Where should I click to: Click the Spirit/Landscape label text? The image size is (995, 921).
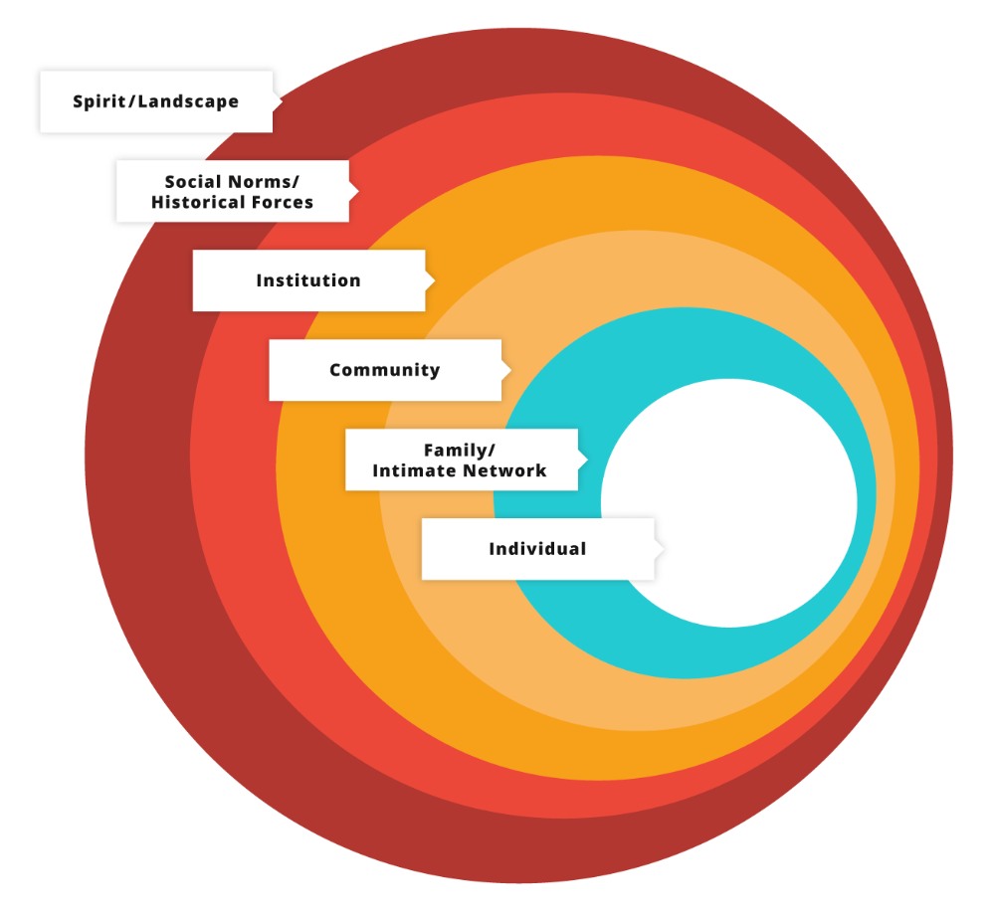[x=155, y=101]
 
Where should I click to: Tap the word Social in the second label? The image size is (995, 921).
[x=189, y=182]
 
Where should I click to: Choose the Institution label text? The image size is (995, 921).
[x=308, y=280]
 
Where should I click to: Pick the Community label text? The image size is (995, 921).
[x=384, y=370]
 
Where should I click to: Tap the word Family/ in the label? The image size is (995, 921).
[x=460, y=451]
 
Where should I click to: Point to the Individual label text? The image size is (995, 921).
[x=537, y=549]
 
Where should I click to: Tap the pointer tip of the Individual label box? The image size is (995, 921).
[x=663, y=549]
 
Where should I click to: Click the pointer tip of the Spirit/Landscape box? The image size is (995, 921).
[x=281, y=101]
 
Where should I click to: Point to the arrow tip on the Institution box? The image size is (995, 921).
[x=434, y=280]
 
